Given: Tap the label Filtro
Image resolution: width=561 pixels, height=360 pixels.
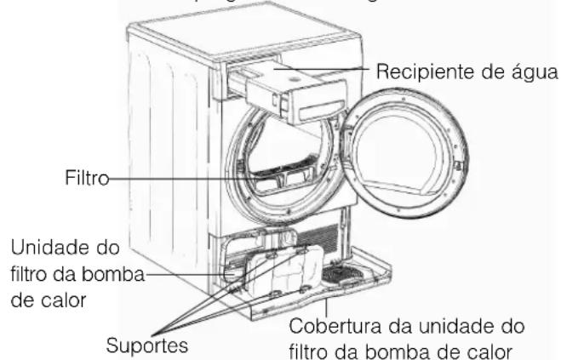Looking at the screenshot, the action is click(83, 180).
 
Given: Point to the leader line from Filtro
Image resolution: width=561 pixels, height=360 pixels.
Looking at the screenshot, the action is click(170, 180).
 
